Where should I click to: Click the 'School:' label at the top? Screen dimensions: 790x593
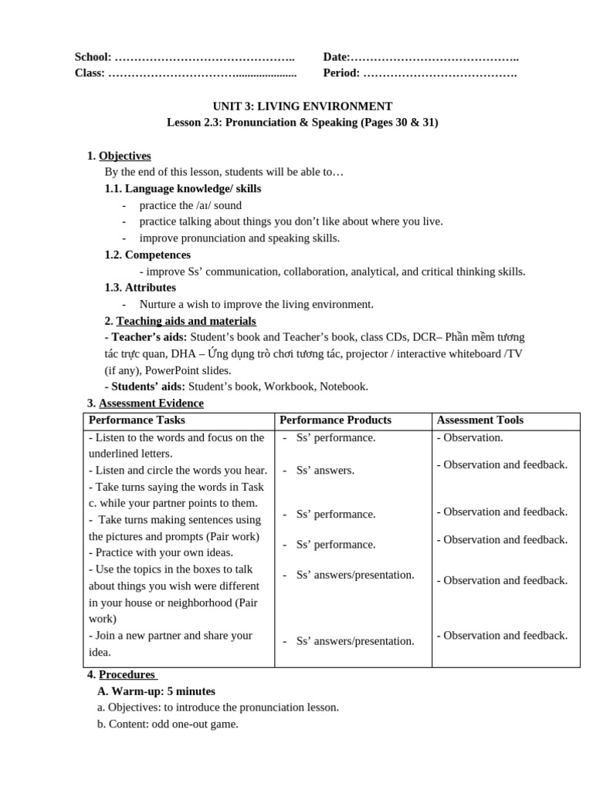[93, 57]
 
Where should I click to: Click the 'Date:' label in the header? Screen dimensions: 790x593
[337, 57]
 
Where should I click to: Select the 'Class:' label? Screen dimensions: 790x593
[90, 73]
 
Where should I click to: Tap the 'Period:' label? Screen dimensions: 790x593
[341, 73]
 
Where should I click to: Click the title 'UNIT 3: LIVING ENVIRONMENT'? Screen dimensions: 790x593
[302, 106]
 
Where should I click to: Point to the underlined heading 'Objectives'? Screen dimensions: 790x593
[124, 156]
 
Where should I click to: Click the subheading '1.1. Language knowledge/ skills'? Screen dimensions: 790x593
[183, 188]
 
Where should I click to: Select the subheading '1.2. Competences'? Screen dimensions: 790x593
[147, 255]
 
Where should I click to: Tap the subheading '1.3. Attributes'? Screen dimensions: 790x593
[141, 288]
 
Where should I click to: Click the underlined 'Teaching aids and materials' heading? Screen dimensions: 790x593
[186, 321]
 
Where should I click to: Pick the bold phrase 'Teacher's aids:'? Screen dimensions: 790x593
[146, 337]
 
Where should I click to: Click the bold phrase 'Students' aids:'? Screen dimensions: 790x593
[146, 387]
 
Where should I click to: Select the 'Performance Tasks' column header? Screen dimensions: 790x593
[137, 420]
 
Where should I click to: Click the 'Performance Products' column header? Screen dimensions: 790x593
[335, 420]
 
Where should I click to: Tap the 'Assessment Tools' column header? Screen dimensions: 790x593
[479, 420]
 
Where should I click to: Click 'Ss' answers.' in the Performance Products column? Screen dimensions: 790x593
[325, 471]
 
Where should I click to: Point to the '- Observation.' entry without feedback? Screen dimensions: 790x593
[469, 437]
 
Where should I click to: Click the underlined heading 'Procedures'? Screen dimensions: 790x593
[127, 674]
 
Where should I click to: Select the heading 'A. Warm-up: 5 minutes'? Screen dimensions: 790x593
[156, 691]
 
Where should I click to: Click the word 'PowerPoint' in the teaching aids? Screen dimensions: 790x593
[173, 370]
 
